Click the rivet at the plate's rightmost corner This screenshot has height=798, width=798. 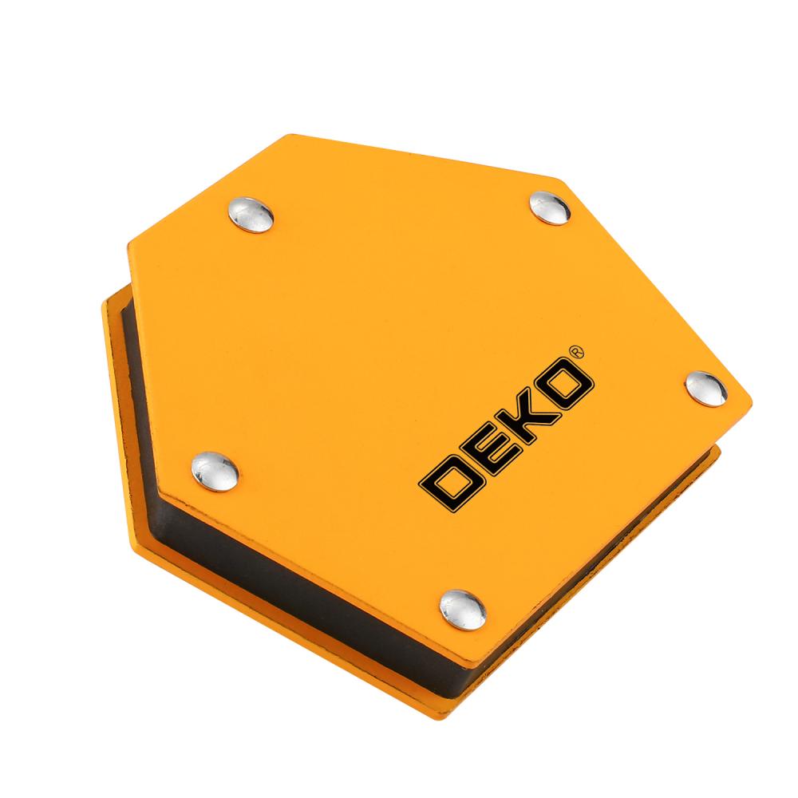(706, 389)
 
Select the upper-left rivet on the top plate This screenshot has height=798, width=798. (251, 215)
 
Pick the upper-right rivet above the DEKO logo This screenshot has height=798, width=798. (550, 207)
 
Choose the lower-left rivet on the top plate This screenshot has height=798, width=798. (215, 472)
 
